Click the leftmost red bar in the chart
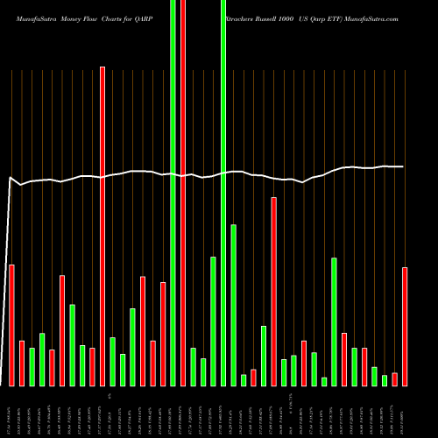point(11,324)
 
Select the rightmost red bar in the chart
point(405,326)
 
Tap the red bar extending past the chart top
point(183,193)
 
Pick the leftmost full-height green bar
point(173,193)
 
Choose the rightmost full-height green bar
point(223,193)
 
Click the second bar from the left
point(22,363)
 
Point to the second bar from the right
point(395,379)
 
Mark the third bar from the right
point(385,380)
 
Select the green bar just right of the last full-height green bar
point(234,305)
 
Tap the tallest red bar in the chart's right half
point(273,291)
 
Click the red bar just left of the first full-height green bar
point(163,334)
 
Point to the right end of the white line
point(403,166)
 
